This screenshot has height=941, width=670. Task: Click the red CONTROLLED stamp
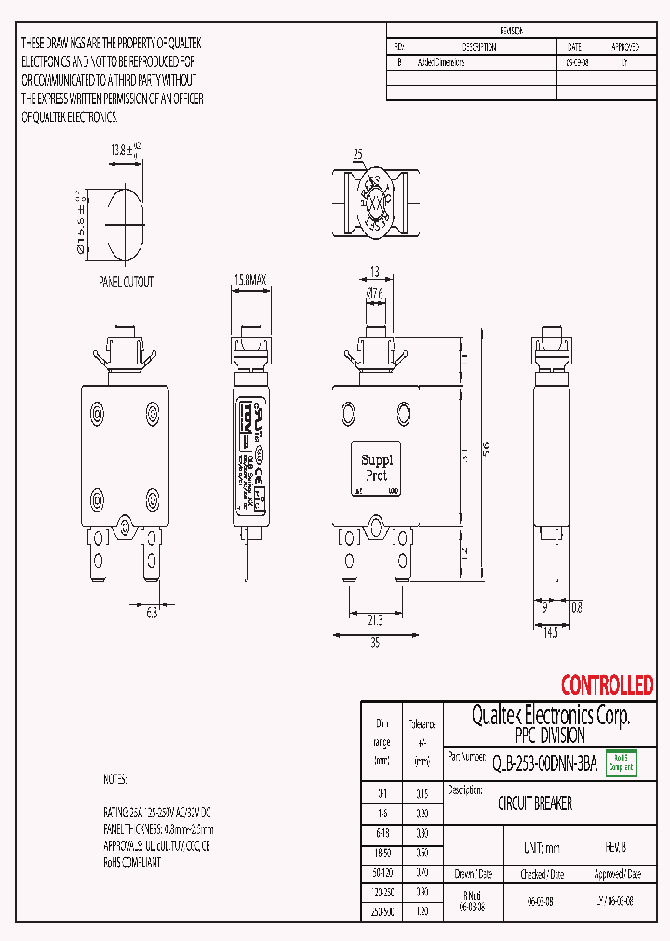[x=607, y=685]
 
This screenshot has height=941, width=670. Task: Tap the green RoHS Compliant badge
[x=621, y=762]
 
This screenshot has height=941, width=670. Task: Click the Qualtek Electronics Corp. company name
[x=550, y=715]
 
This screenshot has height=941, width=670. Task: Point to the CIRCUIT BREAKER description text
[x=535, y=803]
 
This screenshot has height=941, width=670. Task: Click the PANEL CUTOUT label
[x=126, y=282]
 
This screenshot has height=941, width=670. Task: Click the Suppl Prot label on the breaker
[x=377, y=467]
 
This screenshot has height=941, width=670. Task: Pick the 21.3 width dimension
[x=376, y=619]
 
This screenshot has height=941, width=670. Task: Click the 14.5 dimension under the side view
[x=550, y=632]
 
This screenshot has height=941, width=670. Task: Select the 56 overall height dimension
[x=484, y=449]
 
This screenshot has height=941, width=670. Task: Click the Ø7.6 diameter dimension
[x=374, y=295]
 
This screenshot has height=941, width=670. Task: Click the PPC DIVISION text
[x=549, y=736]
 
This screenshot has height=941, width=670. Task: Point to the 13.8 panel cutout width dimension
[x=120, y=149]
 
